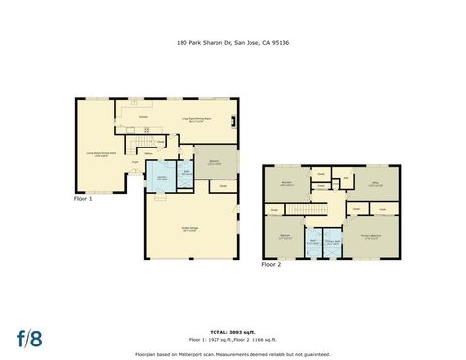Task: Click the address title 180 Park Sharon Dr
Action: pos(232,43)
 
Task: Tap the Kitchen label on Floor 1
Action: pos(143,116)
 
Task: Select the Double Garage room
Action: pos(190,228)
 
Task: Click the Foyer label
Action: pos(136,162)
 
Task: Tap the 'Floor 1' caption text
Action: pos(83,198)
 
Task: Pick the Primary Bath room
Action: pos(333,243)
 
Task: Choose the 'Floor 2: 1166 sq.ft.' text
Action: pos(256,340)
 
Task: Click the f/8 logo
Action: pos(29,339)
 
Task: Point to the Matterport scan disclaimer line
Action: pos(232,354)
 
